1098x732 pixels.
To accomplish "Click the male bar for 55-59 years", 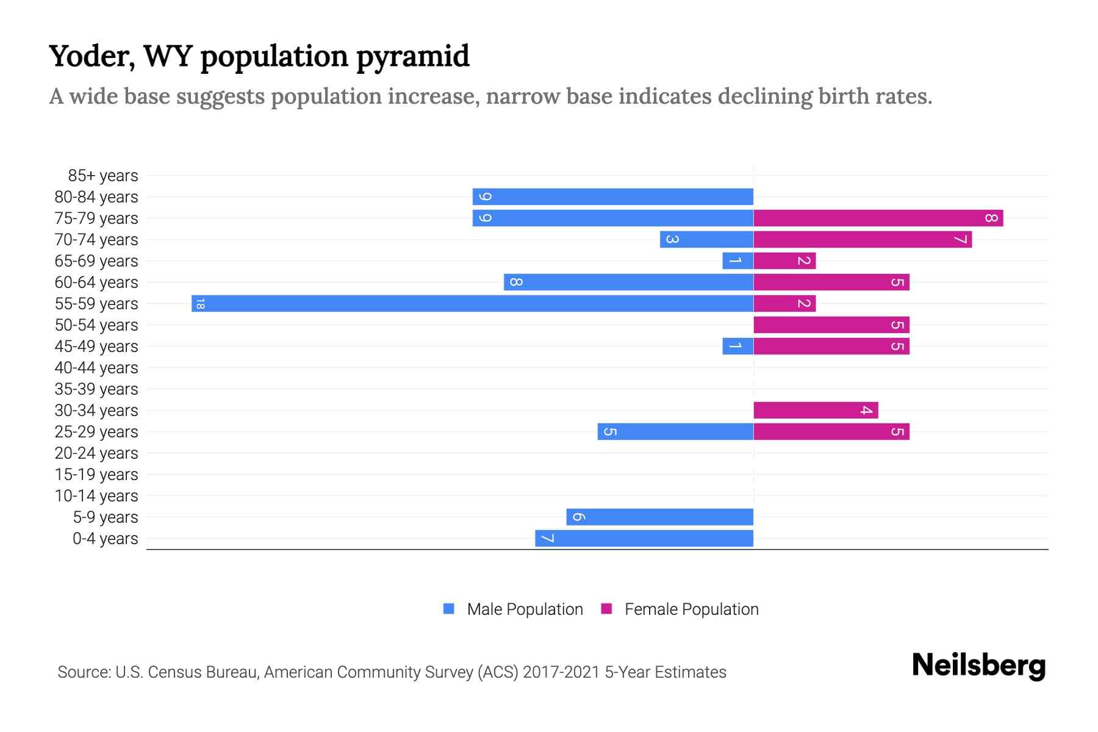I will [472, 304].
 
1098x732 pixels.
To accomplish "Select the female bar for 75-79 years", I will [878, 218].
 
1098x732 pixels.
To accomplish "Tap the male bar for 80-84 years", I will [612, 197].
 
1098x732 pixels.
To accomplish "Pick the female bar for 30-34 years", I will [816, 411].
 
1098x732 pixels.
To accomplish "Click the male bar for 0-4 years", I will [644, 539].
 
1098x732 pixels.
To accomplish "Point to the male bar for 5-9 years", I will [659, 517].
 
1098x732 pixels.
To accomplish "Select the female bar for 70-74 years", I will [863, 240].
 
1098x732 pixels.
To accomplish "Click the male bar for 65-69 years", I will [737, 261].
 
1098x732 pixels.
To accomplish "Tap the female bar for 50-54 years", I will [831, 325].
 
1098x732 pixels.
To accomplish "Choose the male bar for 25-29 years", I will [675, 432].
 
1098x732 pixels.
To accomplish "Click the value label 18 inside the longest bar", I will [200, 304].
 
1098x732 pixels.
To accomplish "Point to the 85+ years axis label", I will [102, 176].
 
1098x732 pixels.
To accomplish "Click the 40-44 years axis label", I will [96, 368].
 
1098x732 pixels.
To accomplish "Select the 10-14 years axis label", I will [96, 496].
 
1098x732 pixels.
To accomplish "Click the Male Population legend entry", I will [524, 609].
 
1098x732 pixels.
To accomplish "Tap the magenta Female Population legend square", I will [606, 609].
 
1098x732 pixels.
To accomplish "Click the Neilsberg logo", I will [978, 666].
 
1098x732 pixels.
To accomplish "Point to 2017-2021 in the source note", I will [561, 672].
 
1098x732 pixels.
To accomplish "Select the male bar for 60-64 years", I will [628, 282].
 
